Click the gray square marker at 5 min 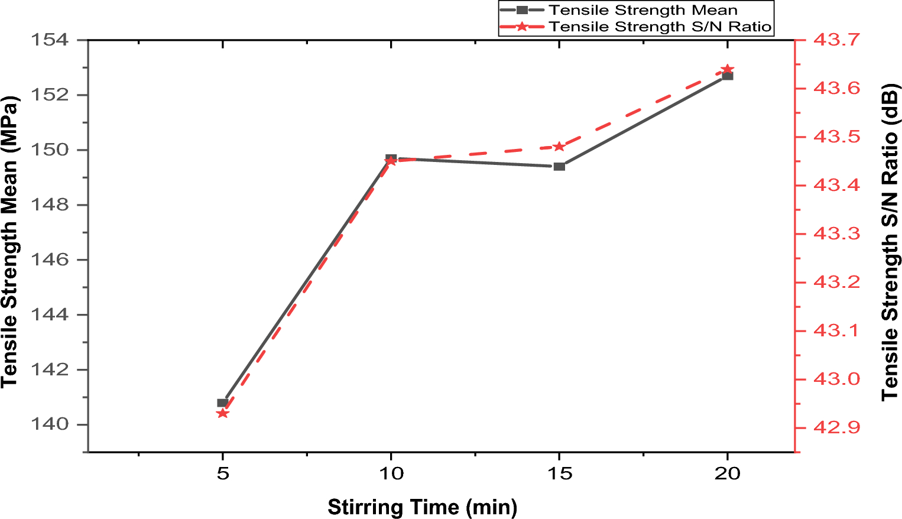(x=222, y=403)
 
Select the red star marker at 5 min (x=222, y=413)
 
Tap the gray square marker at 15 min (x=559, y=166)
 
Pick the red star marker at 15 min (x=559, y=147)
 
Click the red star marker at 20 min (x=728, y=69)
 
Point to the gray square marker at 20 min (x=728, y=76)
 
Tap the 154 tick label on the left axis (x=50, y=40)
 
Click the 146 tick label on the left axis (x=50, y=259)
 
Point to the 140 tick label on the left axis (x=50, y=424)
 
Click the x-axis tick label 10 (x=391, y=473)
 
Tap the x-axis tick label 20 (x=727, y=473)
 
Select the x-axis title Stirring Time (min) (x=422, y=507)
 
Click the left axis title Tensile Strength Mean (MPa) (x=10, y=241)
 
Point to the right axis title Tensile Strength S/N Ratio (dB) (x=890, y=242)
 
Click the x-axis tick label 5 (x=222, y=473)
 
